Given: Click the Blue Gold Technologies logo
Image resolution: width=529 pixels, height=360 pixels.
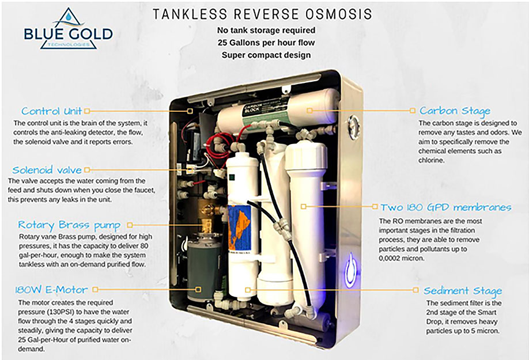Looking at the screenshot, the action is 69,29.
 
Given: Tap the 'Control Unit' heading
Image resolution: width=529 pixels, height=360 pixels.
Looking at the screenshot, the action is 52,111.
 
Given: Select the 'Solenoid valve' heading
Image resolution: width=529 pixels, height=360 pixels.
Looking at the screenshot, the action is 47,169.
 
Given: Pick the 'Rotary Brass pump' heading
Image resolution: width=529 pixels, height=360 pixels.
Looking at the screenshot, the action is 69,225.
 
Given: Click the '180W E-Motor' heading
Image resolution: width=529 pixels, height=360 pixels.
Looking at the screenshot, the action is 51,290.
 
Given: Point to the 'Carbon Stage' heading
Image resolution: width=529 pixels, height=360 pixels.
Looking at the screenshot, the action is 455,111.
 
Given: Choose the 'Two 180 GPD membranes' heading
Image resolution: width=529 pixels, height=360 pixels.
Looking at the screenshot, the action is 446,207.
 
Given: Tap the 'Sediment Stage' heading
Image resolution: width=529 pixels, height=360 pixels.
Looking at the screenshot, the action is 463,290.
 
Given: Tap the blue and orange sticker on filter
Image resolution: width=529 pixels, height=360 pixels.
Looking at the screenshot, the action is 240,227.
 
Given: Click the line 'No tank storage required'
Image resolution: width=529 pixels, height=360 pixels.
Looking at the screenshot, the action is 266,31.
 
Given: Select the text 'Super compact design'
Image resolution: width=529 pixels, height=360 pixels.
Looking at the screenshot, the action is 266,55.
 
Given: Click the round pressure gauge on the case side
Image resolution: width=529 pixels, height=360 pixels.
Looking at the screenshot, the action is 353,127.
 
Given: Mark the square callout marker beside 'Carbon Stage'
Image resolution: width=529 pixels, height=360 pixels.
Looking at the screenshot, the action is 412,111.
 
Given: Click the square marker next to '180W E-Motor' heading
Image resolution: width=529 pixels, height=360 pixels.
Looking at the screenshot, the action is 96,290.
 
